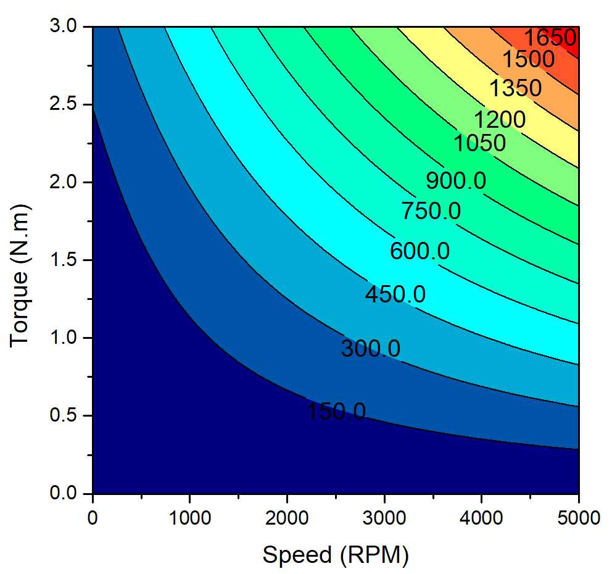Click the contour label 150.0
(336, 411)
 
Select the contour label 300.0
(371, 349)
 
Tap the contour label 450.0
(395, 294)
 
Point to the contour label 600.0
(420, 251)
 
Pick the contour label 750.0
(431, 211)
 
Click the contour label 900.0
(456, 181)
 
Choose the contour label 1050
(479, 143)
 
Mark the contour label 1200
(500, 119)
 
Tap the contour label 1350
(515, 88)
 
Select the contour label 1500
(528, 60)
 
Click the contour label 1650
(550, 38)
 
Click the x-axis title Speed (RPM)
(336, 555)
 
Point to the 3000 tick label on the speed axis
(384, 517)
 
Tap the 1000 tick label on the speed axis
(189, 517)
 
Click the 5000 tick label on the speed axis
(578, 517)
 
